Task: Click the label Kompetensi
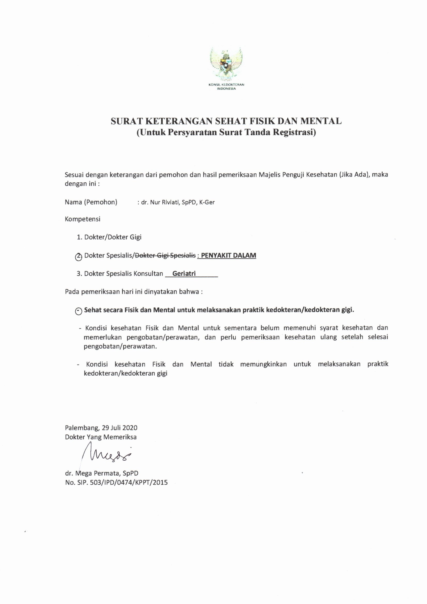coord(83,219)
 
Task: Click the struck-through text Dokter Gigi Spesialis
coord(165,255)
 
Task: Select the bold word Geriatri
coord(184,274)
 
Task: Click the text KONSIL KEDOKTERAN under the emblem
coord(226,85)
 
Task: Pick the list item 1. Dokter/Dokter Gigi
coord(109,237)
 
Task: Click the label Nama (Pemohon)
coord(91,202)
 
